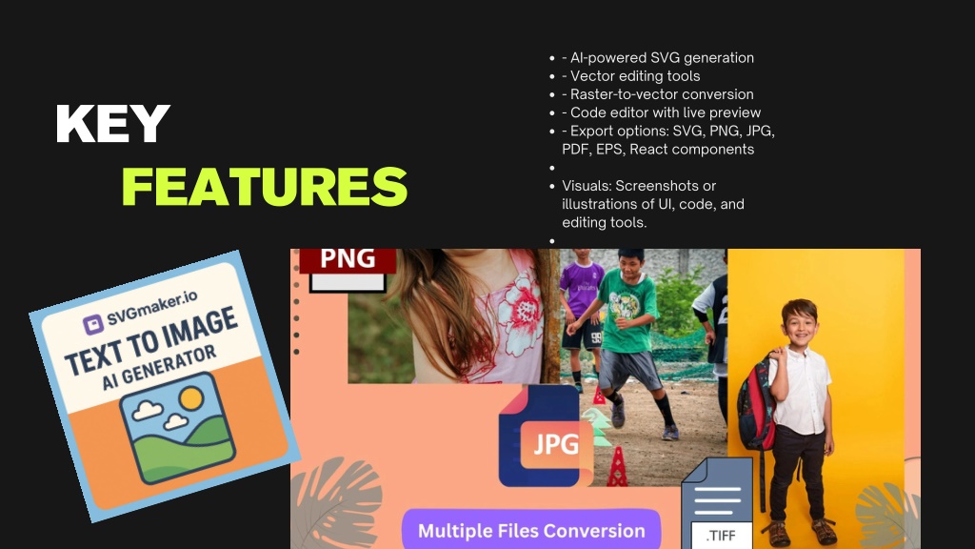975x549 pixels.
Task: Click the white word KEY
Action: (x=112, y=123)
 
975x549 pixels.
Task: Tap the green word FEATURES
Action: (x=265, y=187)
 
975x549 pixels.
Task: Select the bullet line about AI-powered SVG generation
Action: (x=658, y=58)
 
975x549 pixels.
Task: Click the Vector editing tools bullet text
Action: (x=631, y=76)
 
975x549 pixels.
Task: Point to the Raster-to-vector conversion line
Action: (x=658, y=94)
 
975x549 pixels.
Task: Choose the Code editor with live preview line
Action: (x=662, y=112)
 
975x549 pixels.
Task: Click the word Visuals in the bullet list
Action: (x=587, y=186)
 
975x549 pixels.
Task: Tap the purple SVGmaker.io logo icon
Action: (x=93, y=324)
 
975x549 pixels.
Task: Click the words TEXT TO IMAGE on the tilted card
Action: (x=151, y=342)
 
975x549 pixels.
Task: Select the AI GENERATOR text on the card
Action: (x=159, y=367)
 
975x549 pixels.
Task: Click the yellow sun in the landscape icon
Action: (x=190, y=398)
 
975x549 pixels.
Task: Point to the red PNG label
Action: (x=348, y=259)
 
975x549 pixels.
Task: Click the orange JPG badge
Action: (x=556, y=444)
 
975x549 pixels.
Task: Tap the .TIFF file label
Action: (x=722, y=536)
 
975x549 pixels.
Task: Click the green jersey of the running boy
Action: (x=628, y=315)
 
